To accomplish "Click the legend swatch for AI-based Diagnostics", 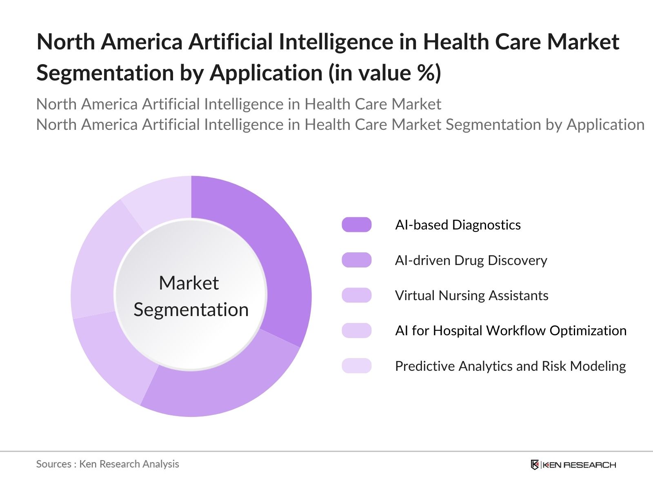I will [356, 225].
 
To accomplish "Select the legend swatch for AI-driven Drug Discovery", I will [356, 260].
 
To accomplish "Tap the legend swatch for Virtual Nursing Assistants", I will [356, 295].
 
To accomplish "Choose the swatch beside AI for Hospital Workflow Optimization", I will [356, 330].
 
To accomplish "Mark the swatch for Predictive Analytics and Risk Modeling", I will [356, 366].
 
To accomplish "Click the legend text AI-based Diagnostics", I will [458, 225].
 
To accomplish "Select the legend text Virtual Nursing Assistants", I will [471, 295].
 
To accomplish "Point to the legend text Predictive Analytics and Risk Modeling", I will [510, 366].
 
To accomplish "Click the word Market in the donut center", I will [189, 283].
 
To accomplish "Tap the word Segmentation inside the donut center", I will [191, 310].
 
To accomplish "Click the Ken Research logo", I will [573, 465].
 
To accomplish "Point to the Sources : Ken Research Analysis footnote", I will [108, 464].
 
